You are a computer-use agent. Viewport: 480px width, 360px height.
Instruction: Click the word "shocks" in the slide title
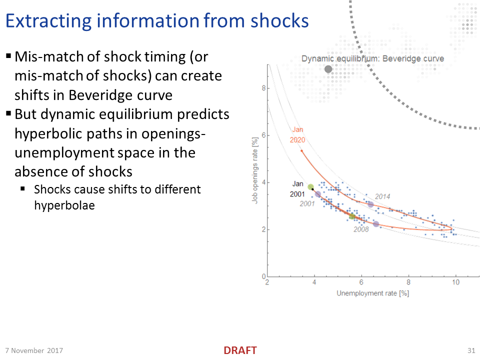(279, 21)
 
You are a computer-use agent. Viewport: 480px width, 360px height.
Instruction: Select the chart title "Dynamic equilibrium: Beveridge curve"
(372, 58)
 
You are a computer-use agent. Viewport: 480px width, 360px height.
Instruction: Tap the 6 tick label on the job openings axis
(263, 135)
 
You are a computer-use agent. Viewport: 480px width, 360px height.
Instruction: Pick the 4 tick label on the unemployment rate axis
(314, 282)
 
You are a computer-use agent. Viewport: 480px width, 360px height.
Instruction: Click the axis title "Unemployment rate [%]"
(372, 293)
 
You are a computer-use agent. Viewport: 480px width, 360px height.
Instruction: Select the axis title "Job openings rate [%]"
(254, 170)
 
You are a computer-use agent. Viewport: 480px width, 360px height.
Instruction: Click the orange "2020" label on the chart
(297, 140)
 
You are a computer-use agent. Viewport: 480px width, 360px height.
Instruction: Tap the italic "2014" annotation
(382, 196)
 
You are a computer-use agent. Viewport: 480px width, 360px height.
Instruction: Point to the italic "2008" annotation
(361, 229)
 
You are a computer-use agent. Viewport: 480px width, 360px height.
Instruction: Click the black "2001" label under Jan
(297, 194)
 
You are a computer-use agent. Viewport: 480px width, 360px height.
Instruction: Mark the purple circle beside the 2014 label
(370, 204)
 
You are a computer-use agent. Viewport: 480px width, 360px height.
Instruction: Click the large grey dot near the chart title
(328, 69)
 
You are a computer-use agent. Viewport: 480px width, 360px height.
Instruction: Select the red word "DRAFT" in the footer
(240, 350)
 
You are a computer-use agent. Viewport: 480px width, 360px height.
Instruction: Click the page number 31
(471, 350)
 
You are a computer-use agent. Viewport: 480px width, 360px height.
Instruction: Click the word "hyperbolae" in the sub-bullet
(64, 205)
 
